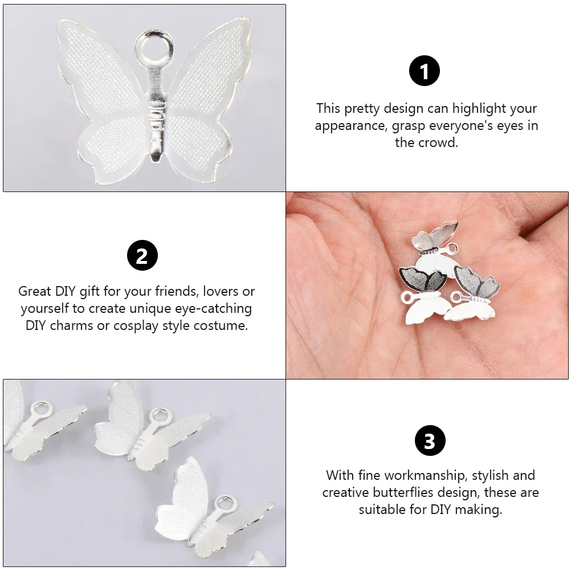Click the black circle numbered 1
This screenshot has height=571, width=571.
425,72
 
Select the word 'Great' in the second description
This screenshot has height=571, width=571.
35,292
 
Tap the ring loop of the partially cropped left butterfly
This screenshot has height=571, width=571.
40,409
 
